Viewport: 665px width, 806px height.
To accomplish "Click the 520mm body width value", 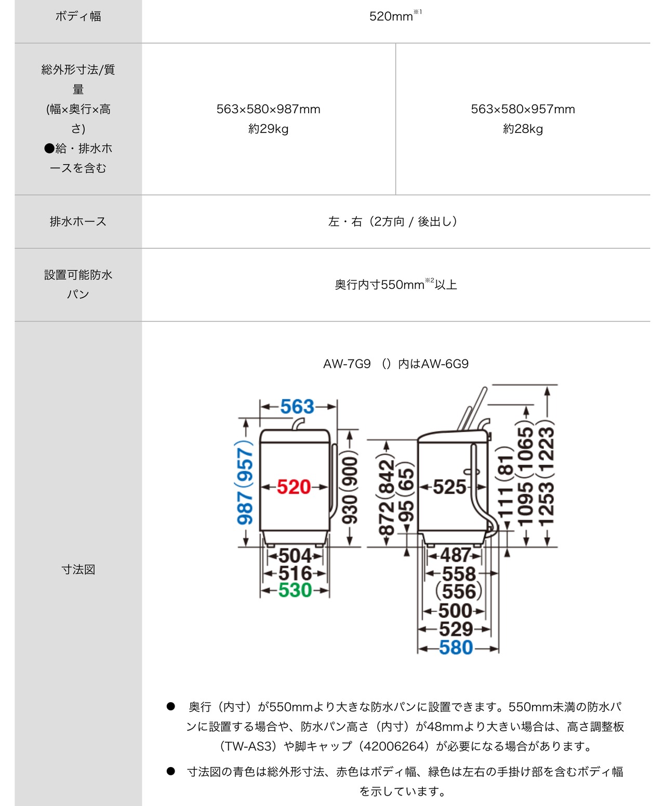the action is (x=391, y=17).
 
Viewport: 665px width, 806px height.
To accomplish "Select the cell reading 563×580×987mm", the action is (x=268, y=109).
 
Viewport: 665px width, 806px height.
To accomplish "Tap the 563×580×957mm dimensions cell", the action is (x=523, y=109).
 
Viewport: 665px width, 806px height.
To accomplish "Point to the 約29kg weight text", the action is (x=268, y=129).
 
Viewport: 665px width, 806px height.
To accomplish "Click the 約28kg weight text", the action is (x=523, y=129).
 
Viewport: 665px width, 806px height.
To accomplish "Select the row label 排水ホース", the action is (x=78, y=222).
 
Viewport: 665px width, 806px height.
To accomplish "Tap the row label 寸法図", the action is (x=78, y=570).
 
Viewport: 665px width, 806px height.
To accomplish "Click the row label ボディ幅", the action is (x=78, y=17).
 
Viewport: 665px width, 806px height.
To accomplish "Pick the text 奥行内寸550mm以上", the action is (x=395, y=285).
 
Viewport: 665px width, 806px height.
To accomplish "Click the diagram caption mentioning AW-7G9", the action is (x=395, y=364).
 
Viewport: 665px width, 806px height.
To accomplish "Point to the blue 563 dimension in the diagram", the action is (x=297, y=407).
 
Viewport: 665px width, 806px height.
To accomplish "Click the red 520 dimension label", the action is (x=294, y=487).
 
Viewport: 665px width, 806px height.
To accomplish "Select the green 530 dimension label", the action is (x=295, y=590).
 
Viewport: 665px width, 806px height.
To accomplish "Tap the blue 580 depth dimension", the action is (x=456, y=648).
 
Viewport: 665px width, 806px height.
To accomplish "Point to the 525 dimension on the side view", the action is (x=449, y=487).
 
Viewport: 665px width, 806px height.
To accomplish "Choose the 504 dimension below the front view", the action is (x=295, y=556).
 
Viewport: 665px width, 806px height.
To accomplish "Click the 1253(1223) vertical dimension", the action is (x=546, y=475).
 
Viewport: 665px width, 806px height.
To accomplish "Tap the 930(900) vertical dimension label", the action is (x=350, y=488).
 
